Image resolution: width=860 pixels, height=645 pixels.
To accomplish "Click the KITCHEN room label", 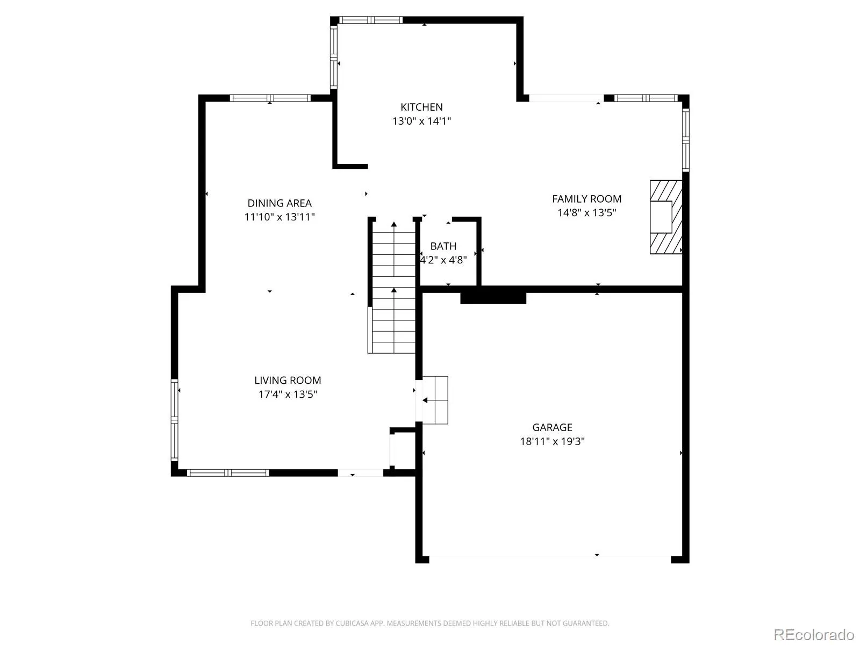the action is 421,107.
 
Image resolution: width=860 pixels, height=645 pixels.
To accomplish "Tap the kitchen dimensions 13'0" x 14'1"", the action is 421,120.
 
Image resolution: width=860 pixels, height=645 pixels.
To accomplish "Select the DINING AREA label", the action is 279,203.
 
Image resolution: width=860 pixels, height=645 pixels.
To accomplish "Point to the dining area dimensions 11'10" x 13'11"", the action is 279,217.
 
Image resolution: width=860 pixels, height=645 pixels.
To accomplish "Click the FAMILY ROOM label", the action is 586,198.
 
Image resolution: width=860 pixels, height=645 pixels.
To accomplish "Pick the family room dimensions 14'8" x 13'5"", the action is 586,212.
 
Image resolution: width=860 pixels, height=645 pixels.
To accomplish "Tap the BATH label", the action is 443,246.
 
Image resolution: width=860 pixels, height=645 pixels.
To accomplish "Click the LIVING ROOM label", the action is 288,380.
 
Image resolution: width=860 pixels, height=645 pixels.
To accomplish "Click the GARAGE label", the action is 552,427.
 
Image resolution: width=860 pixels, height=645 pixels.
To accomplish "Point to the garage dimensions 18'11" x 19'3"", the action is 552,441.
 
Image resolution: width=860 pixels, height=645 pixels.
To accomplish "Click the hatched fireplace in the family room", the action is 665,217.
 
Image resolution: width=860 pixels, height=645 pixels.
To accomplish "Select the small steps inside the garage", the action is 435,400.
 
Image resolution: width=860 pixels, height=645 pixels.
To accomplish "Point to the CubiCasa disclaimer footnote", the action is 430,622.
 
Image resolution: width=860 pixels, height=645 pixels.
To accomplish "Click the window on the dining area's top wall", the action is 270,98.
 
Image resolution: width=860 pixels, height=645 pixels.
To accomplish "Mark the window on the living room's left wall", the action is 174,419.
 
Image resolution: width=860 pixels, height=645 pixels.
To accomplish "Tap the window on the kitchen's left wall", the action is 333,57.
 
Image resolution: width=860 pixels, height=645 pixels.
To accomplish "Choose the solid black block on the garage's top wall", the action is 493,295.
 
